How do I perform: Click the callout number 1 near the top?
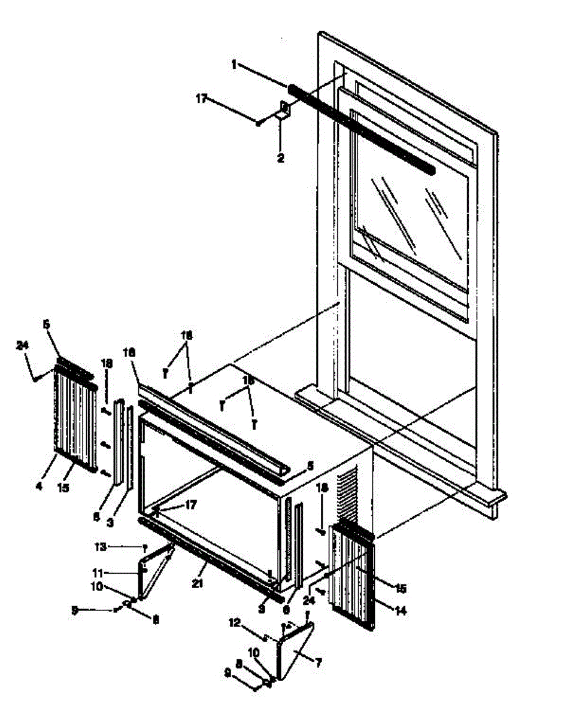(234, 64)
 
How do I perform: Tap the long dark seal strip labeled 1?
(359, 129)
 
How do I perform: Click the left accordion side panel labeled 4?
(75, 419)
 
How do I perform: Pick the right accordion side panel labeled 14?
(353, 574)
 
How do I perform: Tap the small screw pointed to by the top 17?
(259, 123)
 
